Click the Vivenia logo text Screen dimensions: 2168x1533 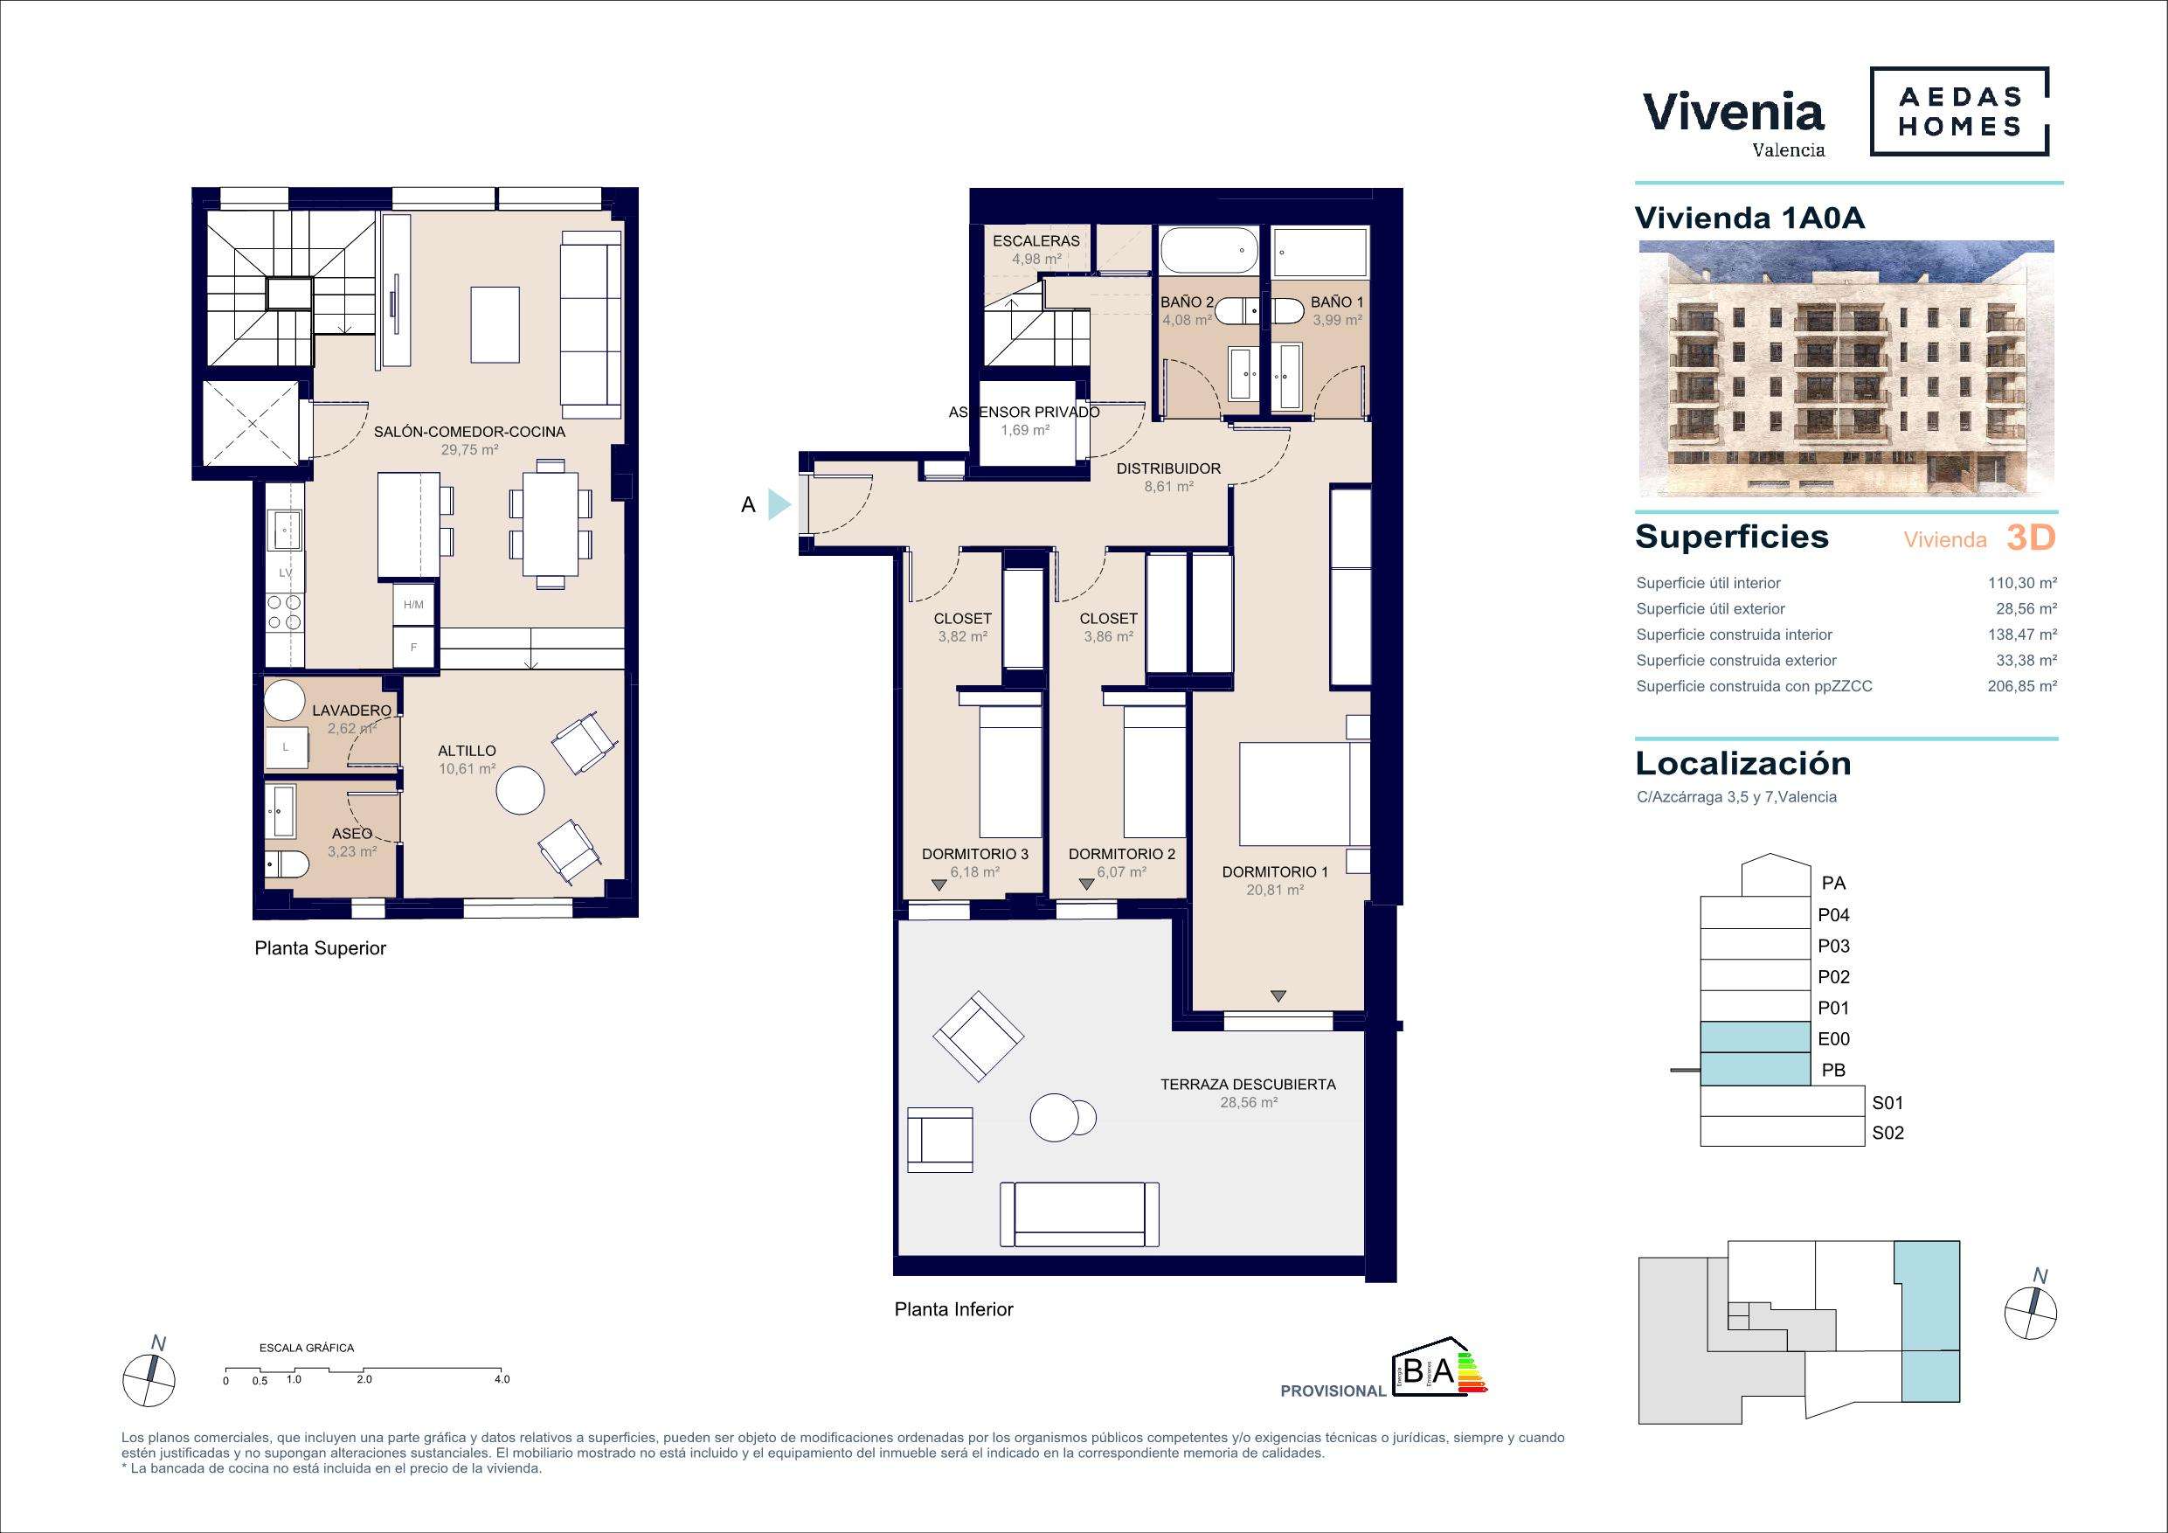[1734, 113]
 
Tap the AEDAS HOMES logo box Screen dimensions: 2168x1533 [1959, 112]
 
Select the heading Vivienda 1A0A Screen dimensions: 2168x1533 [1749, 218]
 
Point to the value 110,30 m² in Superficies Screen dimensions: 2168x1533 [2023, 583]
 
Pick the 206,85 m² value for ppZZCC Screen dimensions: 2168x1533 [2023, 686]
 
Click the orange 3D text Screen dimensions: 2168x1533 [2030, 538]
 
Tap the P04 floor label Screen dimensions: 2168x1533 [1832, 914]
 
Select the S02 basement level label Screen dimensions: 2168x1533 [1887, 1134]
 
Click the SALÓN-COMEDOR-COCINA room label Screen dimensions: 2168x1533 [469, 432]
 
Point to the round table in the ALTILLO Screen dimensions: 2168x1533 [520, 789]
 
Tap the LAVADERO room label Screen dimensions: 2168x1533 [351, 711]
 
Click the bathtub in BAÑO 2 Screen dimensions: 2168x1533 [1209, 250]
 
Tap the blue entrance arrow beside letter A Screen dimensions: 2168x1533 [779, 504]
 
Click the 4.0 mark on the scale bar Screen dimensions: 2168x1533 [502, 1379]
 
